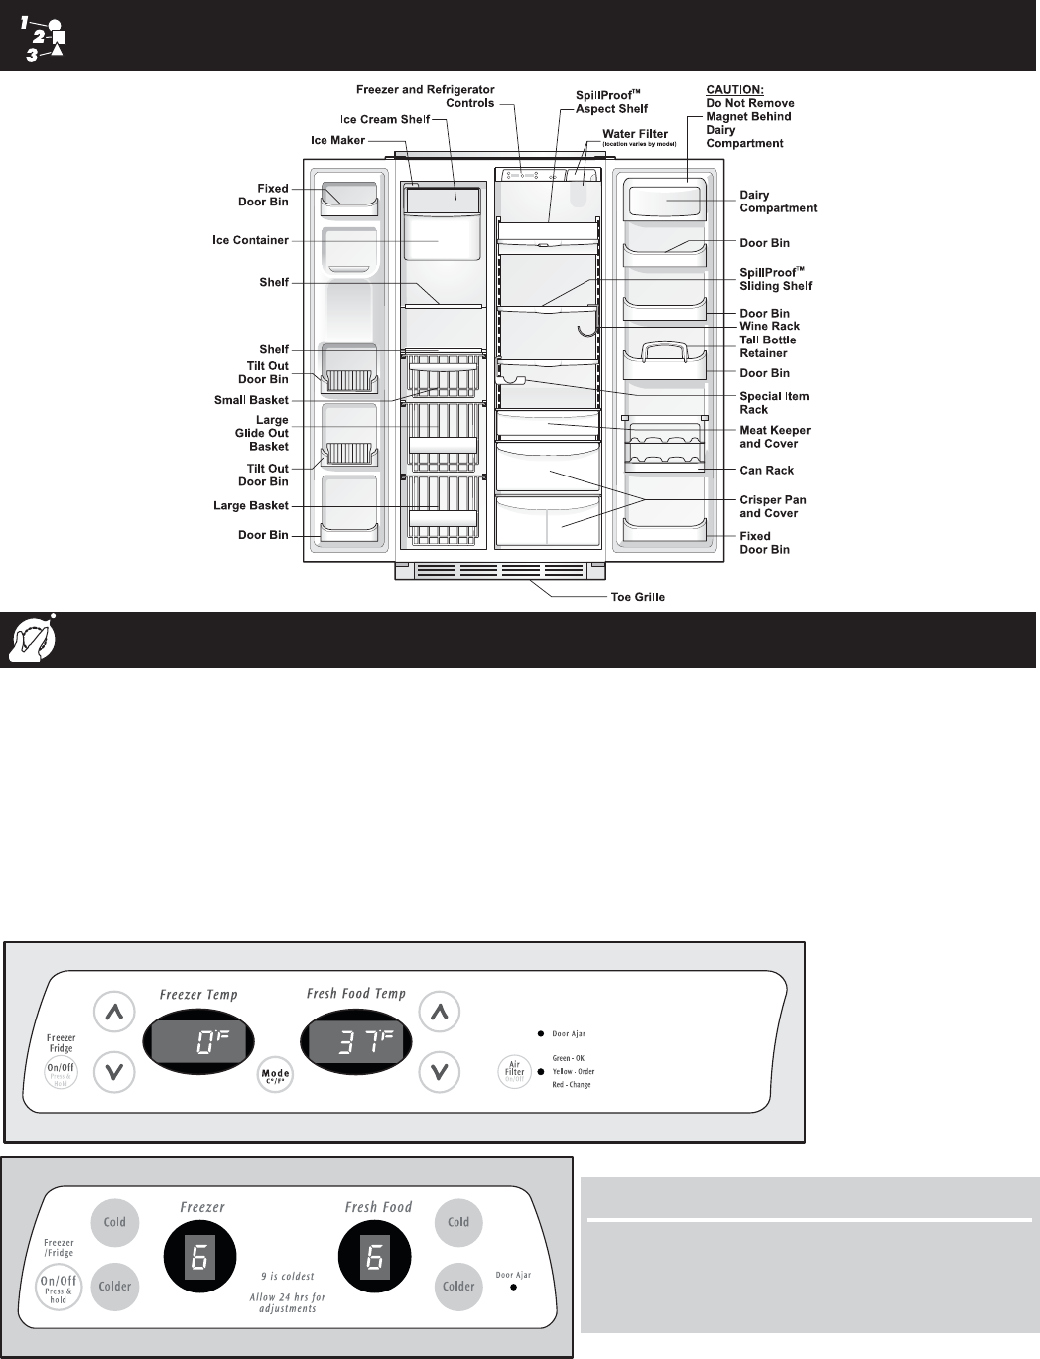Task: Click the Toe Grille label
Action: [x=637, y=597]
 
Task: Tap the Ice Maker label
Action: [x=337, y=140]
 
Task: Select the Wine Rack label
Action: [x=769, y=326]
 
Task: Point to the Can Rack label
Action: [x=766, y=471]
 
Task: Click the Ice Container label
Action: [x=250, y=240]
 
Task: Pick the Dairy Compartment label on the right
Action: [x=778, y=202]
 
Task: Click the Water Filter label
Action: [x=635, y=134]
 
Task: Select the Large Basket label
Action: [x=251, y=506]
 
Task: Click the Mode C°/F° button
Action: [x=275, y=1075]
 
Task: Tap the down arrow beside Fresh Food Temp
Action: [x=440, y=1071]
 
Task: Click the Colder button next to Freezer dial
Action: [x=115, y=1286]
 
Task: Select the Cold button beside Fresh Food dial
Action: [x=458, y=1222]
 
